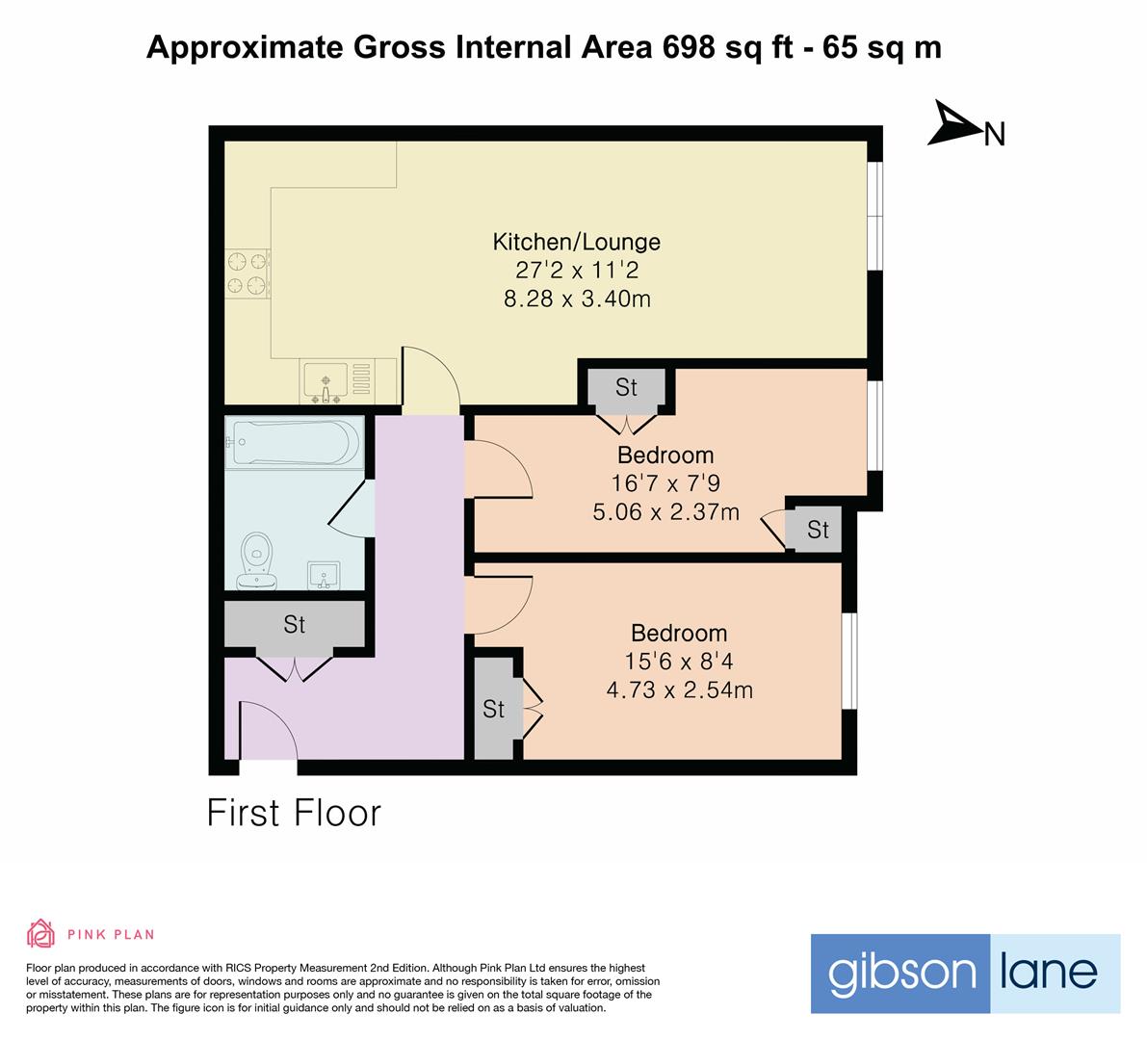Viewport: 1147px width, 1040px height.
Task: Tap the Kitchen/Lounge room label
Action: (576, 242)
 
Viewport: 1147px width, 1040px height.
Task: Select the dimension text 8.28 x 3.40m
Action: (576, 299)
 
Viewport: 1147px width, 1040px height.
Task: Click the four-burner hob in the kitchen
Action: (247, 273)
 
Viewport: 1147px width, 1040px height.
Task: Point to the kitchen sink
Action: (326, 380)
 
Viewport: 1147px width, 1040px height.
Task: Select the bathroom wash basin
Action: (326, 575)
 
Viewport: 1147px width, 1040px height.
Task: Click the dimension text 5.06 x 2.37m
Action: (665, 511)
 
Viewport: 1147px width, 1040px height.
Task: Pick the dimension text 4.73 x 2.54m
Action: (679, 689)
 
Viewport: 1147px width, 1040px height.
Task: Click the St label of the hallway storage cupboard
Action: (294, 625)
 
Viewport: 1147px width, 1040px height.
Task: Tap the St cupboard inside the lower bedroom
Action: (494, 710)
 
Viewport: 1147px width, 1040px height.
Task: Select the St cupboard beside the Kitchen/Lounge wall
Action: (626, 387)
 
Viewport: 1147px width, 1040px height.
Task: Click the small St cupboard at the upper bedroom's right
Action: (817, 530)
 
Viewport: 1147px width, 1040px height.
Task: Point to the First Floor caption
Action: (295, 813)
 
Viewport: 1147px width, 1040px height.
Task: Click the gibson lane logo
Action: (964, 973)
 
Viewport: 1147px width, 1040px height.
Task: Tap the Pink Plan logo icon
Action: (40, 933)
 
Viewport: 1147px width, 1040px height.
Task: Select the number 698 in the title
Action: (690, 47)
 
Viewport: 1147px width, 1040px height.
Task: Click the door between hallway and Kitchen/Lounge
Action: (430, 380)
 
